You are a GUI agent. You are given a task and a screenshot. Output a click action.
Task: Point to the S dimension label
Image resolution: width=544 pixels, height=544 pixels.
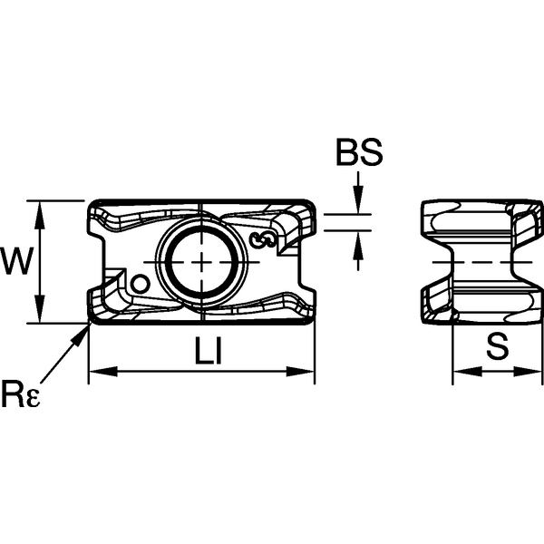[x=495, y=346]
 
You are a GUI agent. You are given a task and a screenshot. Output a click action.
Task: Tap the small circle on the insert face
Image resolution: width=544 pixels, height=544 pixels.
[x=140, y=284]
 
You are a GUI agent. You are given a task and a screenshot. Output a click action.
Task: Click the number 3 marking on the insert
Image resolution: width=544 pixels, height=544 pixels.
[x=265, y=240]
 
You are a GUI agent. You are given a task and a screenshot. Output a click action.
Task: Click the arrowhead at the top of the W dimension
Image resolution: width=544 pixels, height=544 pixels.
[x=40, y=207]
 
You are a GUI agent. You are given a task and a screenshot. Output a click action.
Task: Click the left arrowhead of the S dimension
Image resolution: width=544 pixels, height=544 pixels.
[x=458, y=370]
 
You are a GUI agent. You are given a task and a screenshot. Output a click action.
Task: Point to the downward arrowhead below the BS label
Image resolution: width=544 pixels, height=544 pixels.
[x=359, y=207]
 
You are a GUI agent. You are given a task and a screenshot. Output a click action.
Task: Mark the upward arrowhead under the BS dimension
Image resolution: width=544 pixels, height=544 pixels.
[x=359, y=238]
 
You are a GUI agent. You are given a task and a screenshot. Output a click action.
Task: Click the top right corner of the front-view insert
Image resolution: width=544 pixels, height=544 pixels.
[x=313, y=203]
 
